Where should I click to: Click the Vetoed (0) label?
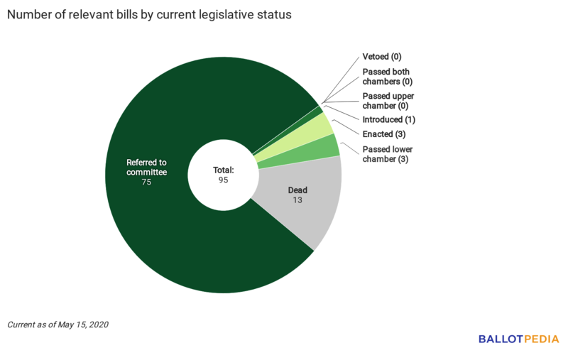pos(382,57)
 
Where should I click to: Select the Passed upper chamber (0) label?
pos(388,101)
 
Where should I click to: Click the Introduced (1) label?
pos(388,119)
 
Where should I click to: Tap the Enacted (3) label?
pos(383,134)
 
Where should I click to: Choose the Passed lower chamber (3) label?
pos(387,154)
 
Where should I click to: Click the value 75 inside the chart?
pos(146,182)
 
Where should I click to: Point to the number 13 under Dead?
pos(297,201)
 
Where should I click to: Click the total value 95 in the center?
pos(224,180)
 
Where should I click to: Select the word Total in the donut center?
pos(224,170)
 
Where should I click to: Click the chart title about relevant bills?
pos(149,15)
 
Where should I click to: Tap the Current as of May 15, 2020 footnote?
pos(58,324)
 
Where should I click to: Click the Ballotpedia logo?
pos(518,339)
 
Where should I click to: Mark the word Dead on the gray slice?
pos(297,190)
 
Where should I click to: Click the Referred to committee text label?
pos(146,167)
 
